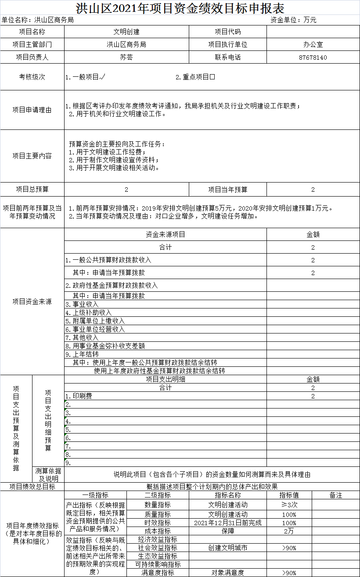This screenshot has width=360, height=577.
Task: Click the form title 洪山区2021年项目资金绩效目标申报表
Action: pyautogui.click(x=180, y=8)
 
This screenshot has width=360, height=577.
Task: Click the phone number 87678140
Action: pyautogui.click(x=313, y=57)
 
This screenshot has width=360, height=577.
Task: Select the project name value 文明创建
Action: pyautogui.click(x=126, y=32)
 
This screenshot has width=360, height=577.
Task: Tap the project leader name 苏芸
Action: pyautogui.click(x=126, y=57)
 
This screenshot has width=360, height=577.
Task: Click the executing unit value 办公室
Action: pyautogui.click(x=313, y=45)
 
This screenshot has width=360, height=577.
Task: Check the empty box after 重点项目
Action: pyautogui.click(x=212, y=77)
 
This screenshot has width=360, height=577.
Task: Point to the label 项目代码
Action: pyautogui.click(x=227, y=32)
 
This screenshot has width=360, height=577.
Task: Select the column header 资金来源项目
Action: pyautogui.click(x=166, y=234)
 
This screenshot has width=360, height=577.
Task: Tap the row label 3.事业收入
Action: pyautogui.click(x=82, y=304)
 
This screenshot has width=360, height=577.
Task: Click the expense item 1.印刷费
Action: pyautogui.click(x=79, y=396)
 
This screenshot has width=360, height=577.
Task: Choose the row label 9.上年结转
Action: pyautogui.click(x=82, y=354)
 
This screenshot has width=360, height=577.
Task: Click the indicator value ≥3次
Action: pyautogui.click(x=289, y=505)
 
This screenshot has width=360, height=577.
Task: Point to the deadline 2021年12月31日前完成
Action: pyautogui.click(x=227, y=523)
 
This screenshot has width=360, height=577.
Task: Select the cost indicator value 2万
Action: pyautogui.click(x=289, y=531)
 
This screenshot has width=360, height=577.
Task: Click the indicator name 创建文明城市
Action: pyautogui.click(x=227, y=548)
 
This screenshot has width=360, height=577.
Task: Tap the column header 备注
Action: pyautogui.click(x=335, y=495)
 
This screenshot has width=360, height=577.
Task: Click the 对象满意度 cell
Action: pyautogui.click(x=227, y=573)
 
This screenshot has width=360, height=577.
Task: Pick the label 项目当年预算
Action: pyautogui.click(x=227, y=190)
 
